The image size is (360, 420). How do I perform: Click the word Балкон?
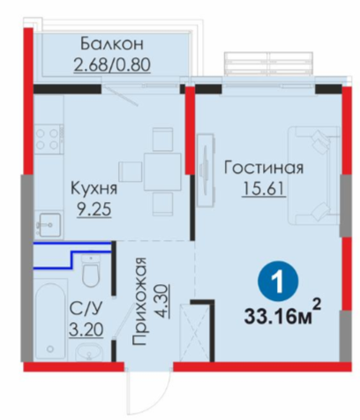coord(112,43)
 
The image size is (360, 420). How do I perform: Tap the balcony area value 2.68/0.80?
coord(112,64)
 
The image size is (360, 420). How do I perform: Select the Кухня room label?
coord(94,188)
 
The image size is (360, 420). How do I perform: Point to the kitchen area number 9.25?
coord(94,210)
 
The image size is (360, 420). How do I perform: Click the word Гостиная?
coord(264,168)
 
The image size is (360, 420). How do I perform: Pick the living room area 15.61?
coord(264,189)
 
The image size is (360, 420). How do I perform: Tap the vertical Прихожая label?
coord(139,302)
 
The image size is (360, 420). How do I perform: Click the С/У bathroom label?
coord(86,309)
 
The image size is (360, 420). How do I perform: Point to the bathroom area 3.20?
coord(86,330)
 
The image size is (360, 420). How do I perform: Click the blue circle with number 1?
coord(278,281)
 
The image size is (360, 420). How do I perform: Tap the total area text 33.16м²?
coord(281,315)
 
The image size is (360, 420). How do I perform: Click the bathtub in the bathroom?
coord(50,321)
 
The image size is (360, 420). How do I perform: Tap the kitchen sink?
coord(49,225)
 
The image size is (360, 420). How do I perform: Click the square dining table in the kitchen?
coord(162,172)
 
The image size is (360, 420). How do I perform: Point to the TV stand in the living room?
coord(206,170)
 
